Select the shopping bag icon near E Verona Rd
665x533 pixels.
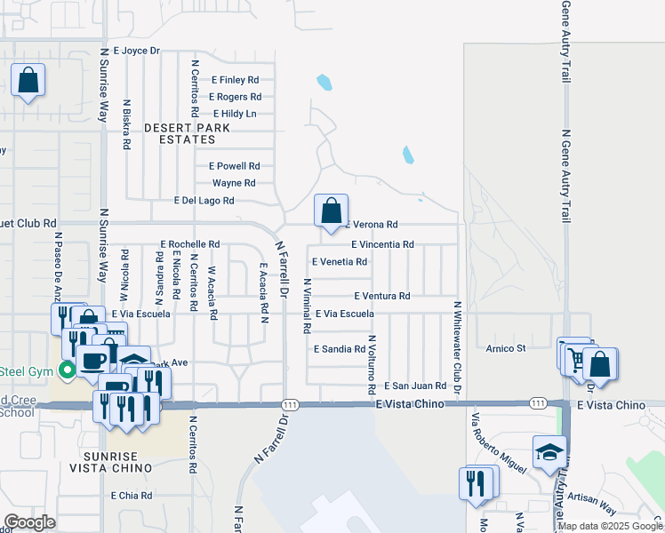[331, 211]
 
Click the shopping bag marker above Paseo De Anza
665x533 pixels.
[28, 80]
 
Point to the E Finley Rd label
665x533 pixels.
[233, 79]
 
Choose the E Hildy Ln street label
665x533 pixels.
[235, 114]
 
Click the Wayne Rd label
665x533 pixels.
[234, 183]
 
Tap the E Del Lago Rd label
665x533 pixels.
[204, 201]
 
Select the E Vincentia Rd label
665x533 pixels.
[382, 244]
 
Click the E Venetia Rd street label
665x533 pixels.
[340, 262]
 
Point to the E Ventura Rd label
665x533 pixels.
[381, 296]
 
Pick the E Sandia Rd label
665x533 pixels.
[340, 349]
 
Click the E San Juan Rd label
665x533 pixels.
[414, 386]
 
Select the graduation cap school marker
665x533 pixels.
[549, 451]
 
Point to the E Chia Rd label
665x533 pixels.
[132, 496]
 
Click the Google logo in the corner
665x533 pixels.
[29, 522]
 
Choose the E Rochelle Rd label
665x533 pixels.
[189, 244]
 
